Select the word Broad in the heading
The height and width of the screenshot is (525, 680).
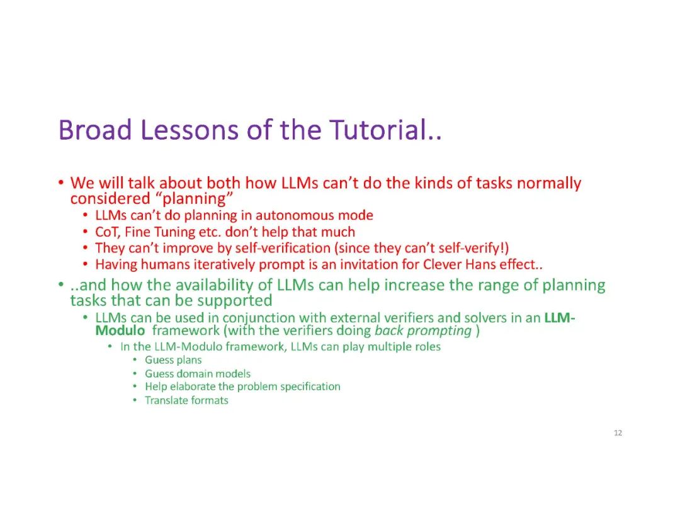95,130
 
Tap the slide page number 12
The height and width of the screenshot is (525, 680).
618,432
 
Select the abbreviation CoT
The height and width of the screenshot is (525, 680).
107,232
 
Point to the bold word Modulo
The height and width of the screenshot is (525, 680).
120,330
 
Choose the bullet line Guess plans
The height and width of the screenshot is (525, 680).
173,360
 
